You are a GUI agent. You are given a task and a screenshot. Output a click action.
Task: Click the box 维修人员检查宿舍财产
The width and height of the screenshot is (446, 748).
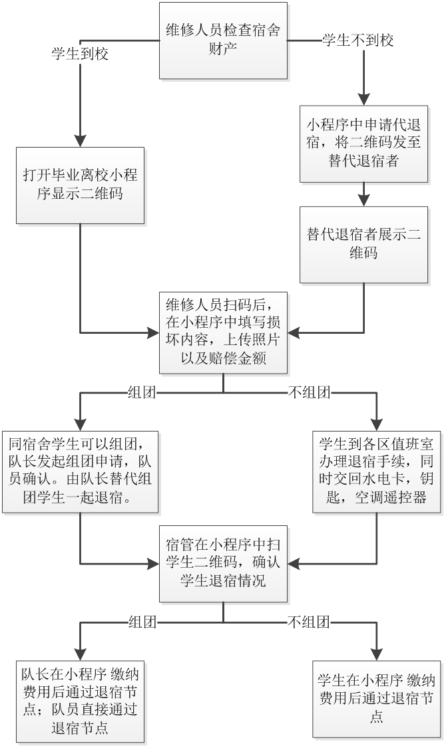pyautogui.click(x=223, y=40)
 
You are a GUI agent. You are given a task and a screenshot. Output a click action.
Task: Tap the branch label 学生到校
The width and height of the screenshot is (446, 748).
pyautogui.click(x=80, y=55)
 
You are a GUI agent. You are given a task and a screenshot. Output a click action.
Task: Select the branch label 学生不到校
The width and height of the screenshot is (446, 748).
pyautogui.click(x=357, y=41)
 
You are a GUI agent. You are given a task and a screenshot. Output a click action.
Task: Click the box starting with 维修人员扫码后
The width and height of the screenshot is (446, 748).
pyautogui.click(x=223, y=332)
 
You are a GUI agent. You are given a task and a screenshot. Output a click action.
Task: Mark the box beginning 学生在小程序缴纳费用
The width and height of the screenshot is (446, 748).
pyautogui.click(x=377, y=698)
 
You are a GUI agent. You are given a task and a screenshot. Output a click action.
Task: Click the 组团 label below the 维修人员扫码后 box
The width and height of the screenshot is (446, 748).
pyautogui.click(x=142, y=393)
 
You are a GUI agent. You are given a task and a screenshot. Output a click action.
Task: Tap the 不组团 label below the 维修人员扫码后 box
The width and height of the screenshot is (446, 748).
pyautogui.click(x=309, y=393)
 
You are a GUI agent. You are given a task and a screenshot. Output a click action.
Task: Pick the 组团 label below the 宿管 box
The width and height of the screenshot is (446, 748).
pyautogui.click(x=142, y=622)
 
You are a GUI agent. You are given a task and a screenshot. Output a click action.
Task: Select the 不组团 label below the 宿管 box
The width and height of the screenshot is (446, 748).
pyautogui.click(x=309, y=622)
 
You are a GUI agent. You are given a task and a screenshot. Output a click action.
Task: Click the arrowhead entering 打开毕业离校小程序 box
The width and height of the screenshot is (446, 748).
pyautogui.click(x=80, y=140)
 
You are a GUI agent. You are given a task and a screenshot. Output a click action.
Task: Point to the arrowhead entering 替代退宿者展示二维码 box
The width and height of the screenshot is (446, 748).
pyautogui.click(x=363, y=199)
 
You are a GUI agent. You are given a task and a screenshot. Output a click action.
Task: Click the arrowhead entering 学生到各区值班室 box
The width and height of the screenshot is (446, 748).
pyautogui.click(x=377, y=424)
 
